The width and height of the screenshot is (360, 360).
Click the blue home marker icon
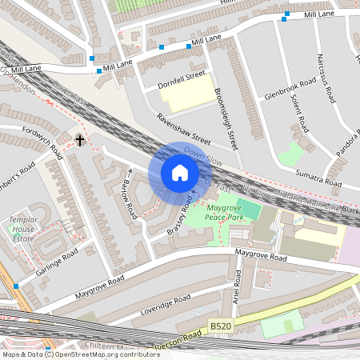[x=180, y=173]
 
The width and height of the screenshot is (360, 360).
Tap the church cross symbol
[x=79, y=141]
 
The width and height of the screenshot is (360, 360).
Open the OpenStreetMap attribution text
[x=80, y=354]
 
